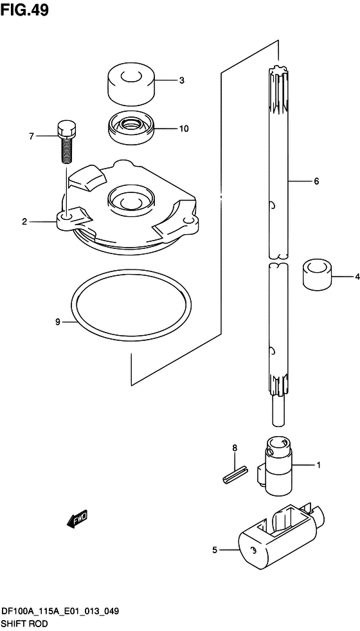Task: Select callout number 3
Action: tap(182, 80)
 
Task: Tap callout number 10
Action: tap(184, 129)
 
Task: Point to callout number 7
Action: tap(30, 136)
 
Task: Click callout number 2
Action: tap(24, 222)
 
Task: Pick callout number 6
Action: tap(316, 182)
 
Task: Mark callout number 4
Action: tap(355, 277)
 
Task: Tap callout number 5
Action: tap(215, 550)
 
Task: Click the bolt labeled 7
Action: tap(65, 142)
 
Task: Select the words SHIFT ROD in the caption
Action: tap(24, 623)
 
